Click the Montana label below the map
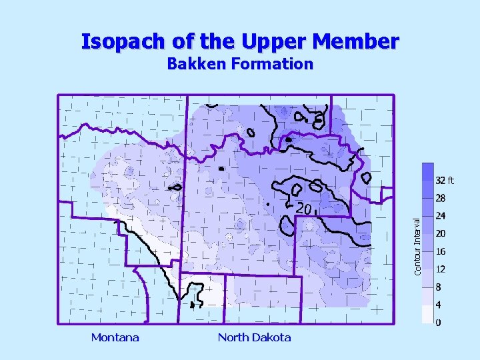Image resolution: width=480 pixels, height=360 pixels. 115,337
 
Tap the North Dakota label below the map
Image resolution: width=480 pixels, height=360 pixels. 254,337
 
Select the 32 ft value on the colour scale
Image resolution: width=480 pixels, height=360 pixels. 444,180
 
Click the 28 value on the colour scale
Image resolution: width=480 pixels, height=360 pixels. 441,198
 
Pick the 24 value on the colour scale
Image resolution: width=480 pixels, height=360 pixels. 441,216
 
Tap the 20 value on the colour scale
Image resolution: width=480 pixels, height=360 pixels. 441,234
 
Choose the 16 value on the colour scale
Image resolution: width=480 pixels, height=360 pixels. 441,252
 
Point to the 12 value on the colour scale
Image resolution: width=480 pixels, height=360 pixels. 441,269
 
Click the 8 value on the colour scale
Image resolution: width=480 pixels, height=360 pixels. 438,287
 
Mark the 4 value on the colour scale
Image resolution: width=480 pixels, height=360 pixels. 438,305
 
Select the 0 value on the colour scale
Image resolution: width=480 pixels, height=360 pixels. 438,323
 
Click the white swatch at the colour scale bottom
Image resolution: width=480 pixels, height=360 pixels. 427,315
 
